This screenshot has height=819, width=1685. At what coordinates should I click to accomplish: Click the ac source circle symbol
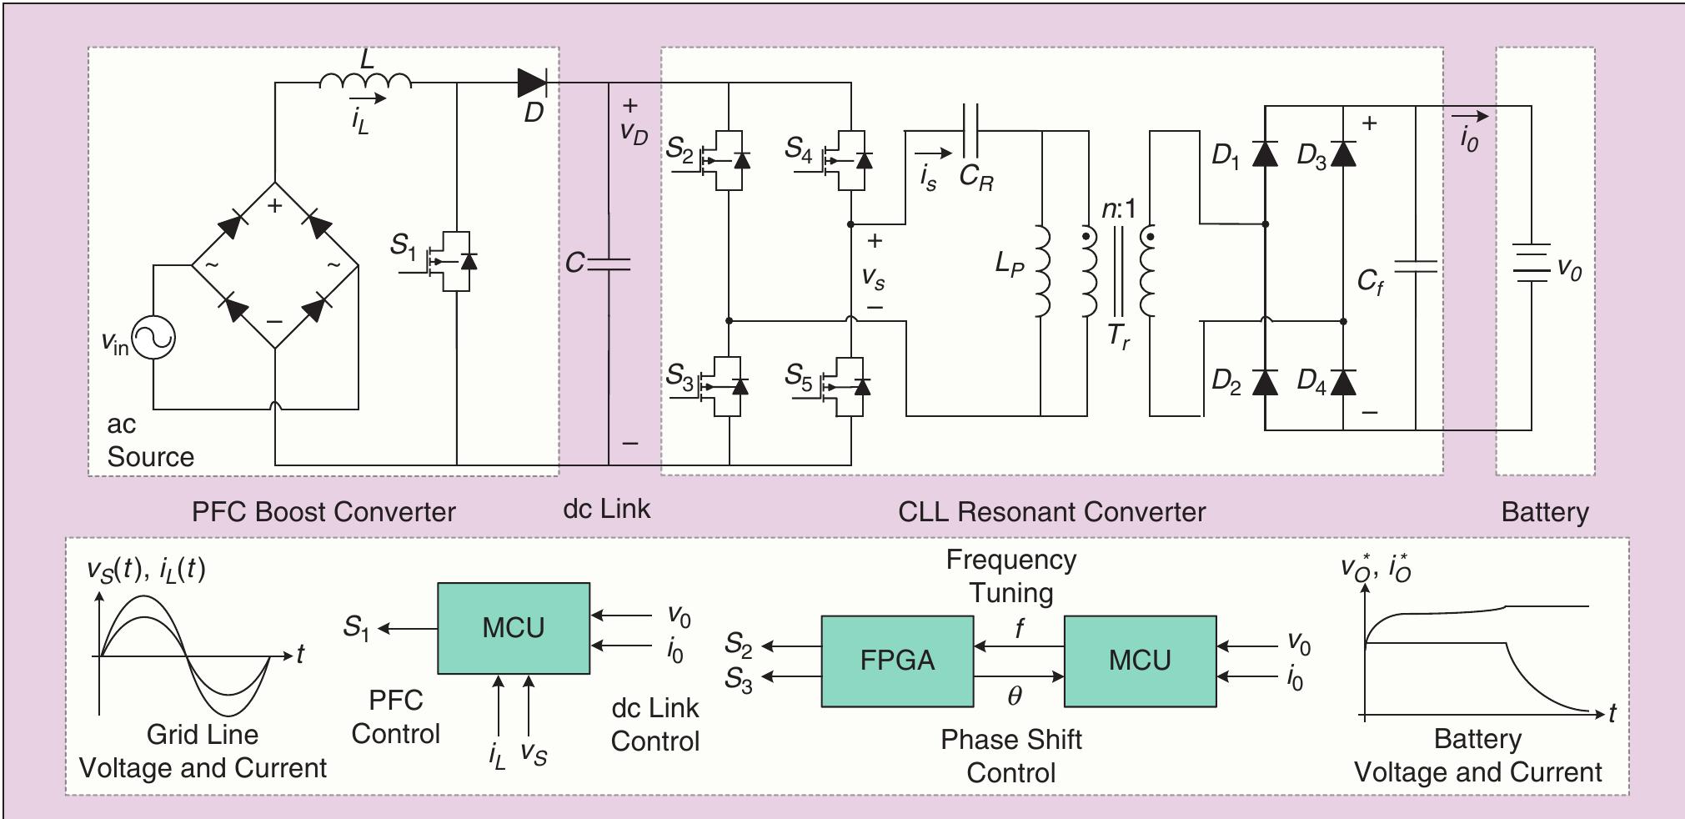tap(153, 339)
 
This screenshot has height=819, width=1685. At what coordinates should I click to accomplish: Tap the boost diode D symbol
tap(532, 83)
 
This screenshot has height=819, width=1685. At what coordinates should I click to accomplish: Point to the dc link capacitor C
tap(609, 264)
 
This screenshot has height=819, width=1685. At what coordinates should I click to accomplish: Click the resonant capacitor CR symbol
tap(970, 131)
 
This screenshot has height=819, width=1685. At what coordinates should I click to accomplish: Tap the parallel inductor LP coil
tap(1041, 270)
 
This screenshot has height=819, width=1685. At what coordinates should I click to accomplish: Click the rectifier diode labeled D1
tap(1265, 153)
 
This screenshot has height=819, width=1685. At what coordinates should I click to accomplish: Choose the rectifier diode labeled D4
tap(1342, 382)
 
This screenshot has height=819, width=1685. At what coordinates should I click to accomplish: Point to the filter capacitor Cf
tap(1415, 267)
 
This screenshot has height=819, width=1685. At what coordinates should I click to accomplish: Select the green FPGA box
tap(897, 661)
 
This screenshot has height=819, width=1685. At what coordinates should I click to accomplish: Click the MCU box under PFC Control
tap(514, 628)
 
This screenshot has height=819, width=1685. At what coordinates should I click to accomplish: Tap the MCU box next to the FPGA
tap(1140, 661)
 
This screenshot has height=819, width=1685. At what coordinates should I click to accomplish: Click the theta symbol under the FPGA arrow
tap(1015, 696)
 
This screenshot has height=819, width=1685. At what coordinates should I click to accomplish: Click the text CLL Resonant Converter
tap(1051, 512)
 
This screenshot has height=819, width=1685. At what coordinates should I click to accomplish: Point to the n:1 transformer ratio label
tap(1118, 209)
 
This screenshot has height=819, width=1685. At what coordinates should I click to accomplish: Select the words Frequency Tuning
tap(1010, 576)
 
